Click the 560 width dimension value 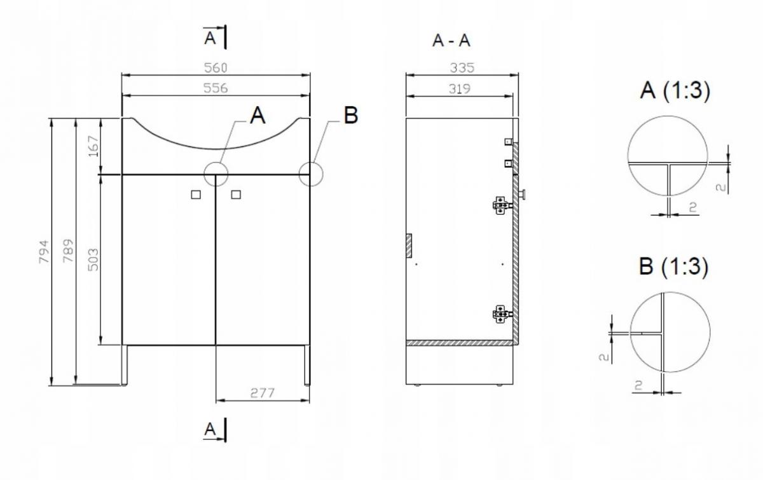coord(216,68)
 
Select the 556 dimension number coord(216,88)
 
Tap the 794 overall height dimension coord(44,252)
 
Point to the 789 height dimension coord(68,250)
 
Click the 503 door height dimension coord(93,259)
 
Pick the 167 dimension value coord(93,146)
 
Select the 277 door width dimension coord(262,393)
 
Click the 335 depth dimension coord(462,67)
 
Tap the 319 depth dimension coord(460,88)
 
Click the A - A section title coord(451,41)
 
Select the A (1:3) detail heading coord(675,91)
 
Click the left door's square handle coord(196,195)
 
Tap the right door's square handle coord(236,195)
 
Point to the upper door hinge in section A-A coord(502,205)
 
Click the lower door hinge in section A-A coord(502,314)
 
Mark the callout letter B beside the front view coord(351,115)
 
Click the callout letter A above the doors coord(258,115)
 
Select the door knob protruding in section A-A coord(521,195)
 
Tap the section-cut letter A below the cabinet coord(210,429)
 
